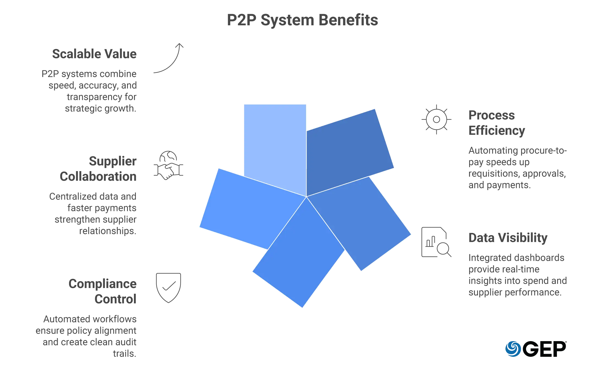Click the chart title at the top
coord(302,21)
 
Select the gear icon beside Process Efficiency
coord(436,120)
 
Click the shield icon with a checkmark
coord(168,287)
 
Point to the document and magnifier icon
coord(436,242)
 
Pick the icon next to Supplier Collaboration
coord(168,165)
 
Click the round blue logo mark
coord(513,349)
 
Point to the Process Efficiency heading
coord(497,124)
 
